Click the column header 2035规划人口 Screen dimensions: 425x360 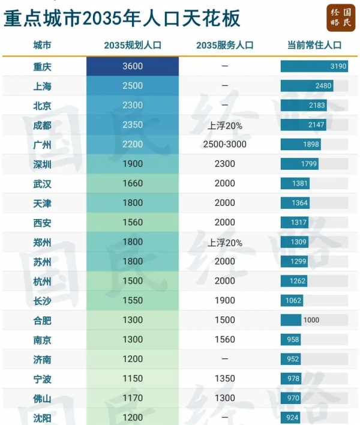pos(133,45)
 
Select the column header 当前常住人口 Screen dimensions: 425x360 pos(314,45)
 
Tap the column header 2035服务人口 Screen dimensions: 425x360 pos(224,45)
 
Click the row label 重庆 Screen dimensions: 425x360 pos(42,66)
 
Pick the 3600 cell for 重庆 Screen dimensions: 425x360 pos(133,66)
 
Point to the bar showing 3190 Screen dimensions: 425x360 pos(314,66)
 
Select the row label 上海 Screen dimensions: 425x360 pos(42,86)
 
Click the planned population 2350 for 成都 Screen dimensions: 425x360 pos(133,125)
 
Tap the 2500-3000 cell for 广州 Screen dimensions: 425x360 pos(224,145)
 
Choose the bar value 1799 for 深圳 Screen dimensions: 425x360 pos(299,164)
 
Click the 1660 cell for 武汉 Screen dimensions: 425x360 pos(133,183)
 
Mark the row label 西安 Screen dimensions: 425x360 pos(42,223)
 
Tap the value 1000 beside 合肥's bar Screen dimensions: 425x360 pos(311,320)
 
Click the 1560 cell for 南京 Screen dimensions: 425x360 pos(224,340)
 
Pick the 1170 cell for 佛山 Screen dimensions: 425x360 pos(133,398)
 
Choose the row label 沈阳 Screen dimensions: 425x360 pos(42,417)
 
